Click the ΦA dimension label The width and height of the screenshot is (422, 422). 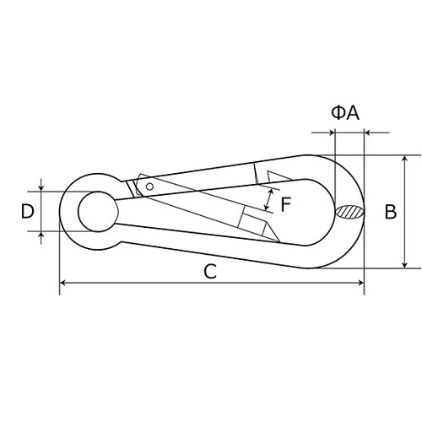coord(345,113)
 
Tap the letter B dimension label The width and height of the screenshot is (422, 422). coord(391,212)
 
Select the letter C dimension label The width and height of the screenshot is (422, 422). coord(210,272)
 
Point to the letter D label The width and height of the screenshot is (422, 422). coord(28,212)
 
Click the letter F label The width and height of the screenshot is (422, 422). coord(285,204)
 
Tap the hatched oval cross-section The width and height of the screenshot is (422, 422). coord(350,212)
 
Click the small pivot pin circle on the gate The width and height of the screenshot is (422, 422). coord(150,187)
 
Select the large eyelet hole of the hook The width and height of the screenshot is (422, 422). coord(98,212)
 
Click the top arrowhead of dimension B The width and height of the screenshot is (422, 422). coord(404,158)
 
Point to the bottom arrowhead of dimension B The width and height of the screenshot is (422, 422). coord(404,265)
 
